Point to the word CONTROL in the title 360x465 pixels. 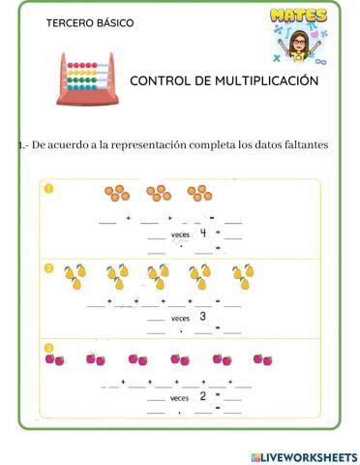coord(160,81)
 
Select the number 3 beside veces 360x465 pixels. coord(202,316)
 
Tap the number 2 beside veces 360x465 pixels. coord(202,396)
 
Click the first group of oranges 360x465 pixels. coord(115,194)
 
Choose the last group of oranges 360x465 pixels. coord(199,194)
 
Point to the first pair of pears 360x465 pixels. coord(75,278)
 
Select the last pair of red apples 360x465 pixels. coord(262,359)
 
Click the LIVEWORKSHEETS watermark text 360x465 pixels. coord(304,455)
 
